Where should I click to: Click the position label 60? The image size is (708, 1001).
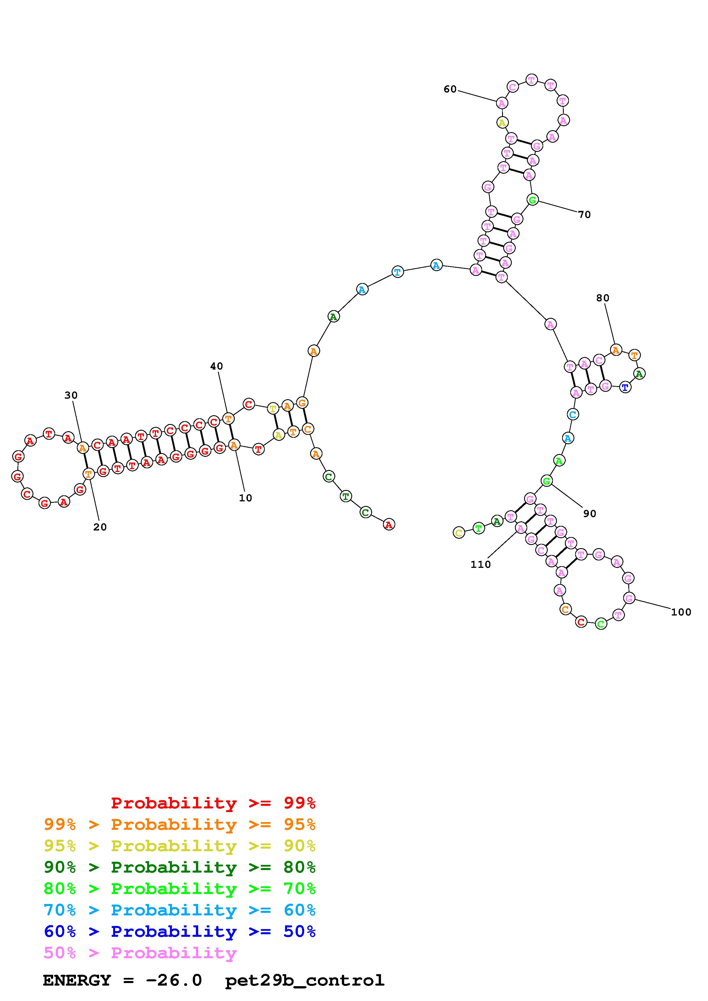click(450, 89)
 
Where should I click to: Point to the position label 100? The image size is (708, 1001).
click(681, 612)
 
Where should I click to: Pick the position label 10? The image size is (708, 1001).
click(246, 498)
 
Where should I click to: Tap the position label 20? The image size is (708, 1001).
click(100, 527)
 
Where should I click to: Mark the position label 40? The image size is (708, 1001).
click(216, 366)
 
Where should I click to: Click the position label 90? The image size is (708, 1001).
click(589, 514)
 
